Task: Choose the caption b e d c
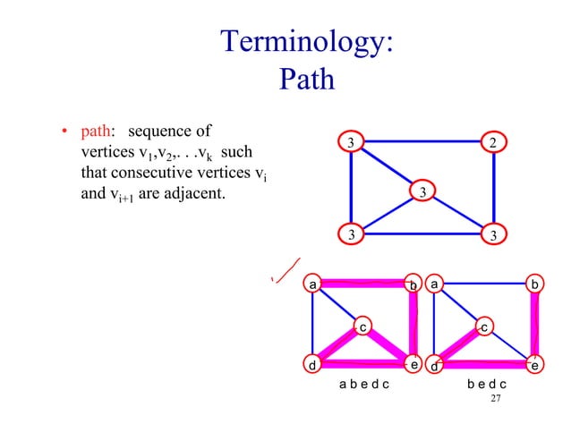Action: click(x=487, y=385)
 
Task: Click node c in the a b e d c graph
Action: click(x=362, y=327)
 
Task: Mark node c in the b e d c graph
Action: click(x=484, y=327)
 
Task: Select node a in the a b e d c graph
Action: click(x=312, y=284)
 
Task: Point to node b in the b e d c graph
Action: click(x=534, y=284)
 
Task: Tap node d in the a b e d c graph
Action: click(x=311, y=365)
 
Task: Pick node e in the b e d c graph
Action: click(x=534, y=365)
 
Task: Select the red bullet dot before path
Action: click(x=64, y=136)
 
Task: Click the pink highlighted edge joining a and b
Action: click(x=362, y=284)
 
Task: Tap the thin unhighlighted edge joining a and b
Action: click(x=484, y=284)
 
